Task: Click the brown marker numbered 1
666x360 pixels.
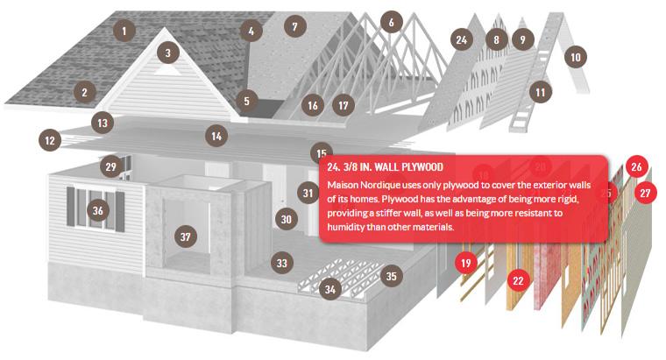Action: click(124, 31)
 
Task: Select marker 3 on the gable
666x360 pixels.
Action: click(167, 53)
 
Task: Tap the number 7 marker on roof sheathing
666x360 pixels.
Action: click(294, 26)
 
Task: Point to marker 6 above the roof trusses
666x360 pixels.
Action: click(391, 22)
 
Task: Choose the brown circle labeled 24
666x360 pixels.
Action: click(462, 39)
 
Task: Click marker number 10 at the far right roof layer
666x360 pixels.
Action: click(576, 56)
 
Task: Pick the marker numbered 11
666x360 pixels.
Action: click(541, 92)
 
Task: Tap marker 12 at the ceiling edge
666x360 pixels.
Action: click(50, 140)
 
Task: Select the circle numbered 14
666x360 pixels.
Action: click(216, 136)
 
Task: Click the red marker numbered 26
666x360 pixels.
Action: click(636, 166)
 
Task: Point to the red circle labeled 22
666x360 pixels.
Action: click(518, 280)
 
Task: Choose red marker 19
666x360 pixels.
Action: click(466, 263)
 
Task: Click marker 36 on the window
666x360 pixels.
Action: click(97, 210)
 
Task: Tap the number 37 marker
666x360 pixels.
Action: click(186, 236)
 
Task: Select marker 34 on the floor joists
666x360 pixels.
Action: click(330, 289)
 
